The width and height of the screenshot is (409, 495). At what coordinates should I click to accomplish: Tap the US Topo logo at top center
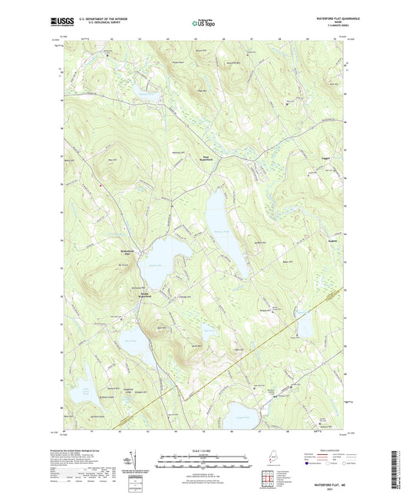(x=203, y=24)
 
